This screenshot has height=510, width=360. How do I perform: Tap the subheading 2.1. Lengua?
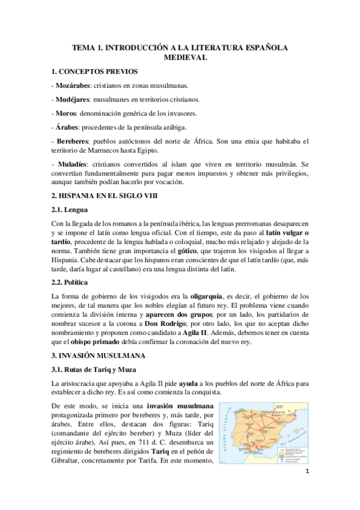coord(70,209)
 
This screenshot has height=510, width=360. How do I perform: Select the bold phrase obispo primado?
coord(90,342)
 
